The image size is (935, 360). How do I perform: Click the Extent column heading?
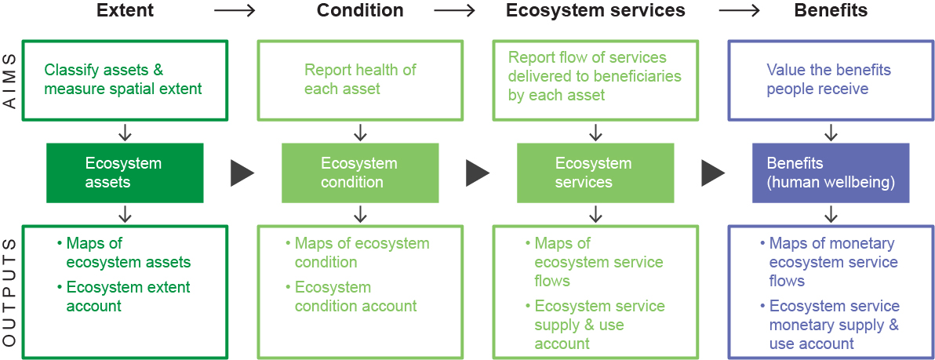coord(126,11)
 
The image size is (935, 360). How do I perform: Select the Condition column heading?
coord(360,11)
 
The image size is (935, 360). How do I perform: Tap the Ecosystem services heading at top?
coord(595,11)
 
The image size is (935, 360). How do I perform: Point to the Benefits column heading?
coord(831,11)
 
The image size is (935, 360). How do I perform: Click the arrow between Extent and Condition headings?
coord(235,11)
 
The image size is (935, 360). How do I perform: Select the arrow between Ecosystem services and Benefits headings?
coord(740,11)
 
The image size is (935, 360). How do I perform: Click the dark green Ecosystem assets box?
coord(125,173)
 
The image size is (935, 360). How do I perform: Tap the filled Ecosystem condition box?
coord(360,173)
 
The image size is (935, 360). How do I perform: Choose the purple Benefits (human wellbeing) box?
coord(831,173)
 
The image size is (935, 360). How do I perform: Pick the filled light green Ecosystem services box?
coord(595,173)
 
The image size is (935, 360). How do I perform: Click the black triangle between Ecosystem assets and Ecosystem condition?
coord(242,173)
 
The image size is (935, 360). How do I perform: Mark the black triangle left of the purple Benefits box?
coord(713,173)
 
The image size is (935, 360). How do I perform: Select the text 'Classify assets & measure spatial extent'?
coord(123,79)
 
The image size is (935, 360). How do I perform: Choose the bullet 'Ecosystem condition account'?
coord(355,296)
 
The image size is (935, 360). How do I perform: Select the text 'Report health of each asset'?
coord(360,79)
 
